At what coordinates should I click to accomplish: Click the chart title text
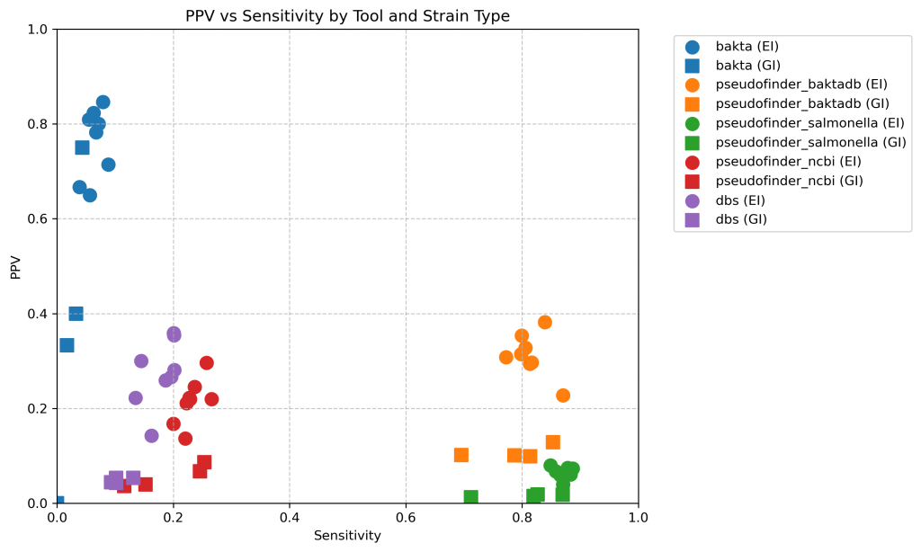(x=347, y=15)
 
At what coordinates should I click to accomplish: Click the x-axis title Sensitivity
(x=347, y=536)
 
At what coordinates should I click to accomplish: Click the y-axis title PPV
(x=15, y=266)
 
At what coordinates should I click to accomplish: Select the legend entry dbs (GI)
(x=741, y=219)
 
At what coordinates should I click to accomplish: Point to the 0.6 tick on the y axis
(x=40, y=219)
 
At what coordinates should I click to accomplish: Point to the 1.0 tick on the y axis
(x=40, y=30)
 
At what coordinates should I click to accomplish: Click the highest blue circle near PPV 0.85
(x=103, y=102)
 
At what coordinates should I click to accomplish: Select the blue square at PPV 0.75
(x=82, y=147)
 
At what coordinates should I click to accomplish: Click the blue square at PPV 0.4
(x=76, y=314)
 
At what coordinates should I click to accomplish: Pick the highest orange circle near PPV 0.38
(x=545, y=323)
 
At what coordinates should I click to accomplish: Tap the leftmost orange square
(x=461, y=455)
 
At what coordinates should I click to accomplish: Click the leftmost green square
(x=470, y=497)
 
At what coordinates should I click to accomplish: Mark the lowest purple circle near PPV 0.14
(x=151, y=436)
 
